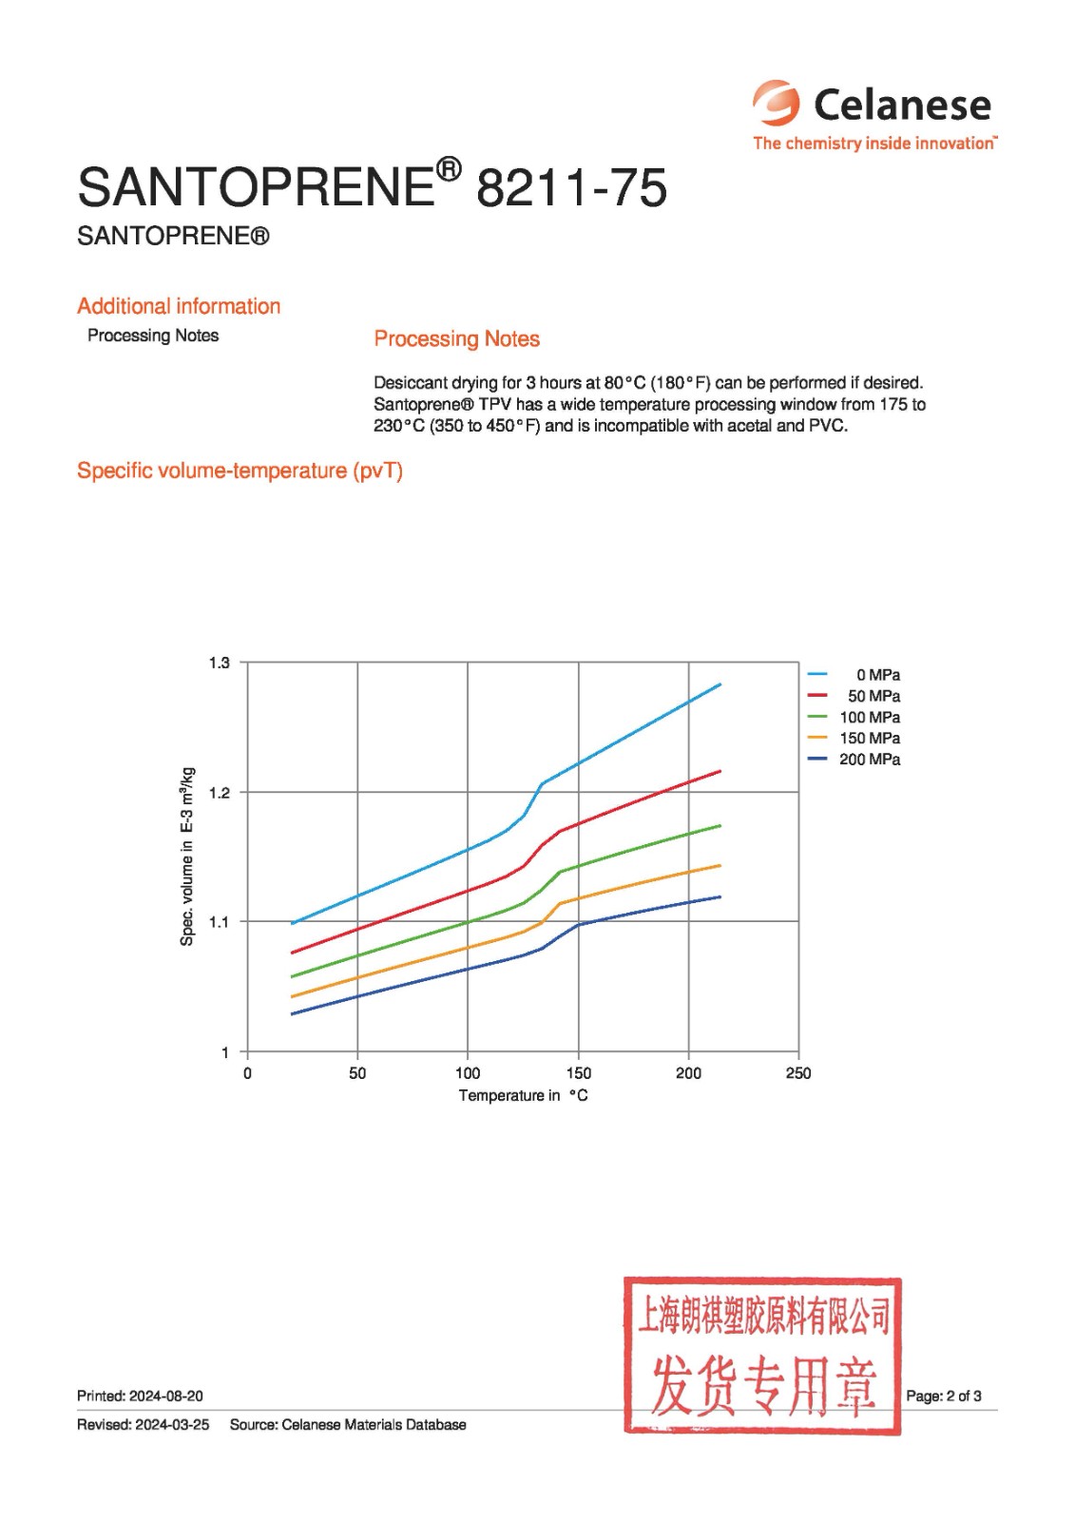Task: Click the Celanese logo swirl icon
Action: point(777,103)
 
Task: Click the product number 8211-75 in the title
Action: point(571,187)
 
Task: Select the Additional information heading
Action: point(179,306)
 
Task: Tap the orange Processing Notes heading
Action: point(456,338)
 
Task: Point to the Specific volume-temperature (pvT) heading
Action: point(240,471)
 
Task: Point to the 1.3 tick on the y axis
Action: point(220,663)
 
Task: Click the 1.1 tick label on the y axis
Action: point(220,921)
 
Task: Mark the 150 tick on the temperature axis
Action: point(578,1073)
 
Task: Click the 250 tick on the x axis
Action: point(798,1073)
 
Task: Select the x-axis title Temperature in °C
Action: point(523,1095)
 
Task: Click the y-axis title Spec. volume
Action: point(187,856)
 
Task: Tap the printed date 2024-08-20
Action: point(166,1396)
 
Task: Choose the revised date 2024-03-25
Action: point(172,1424)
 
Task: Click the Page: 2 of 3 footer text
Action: point(943,1396)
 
